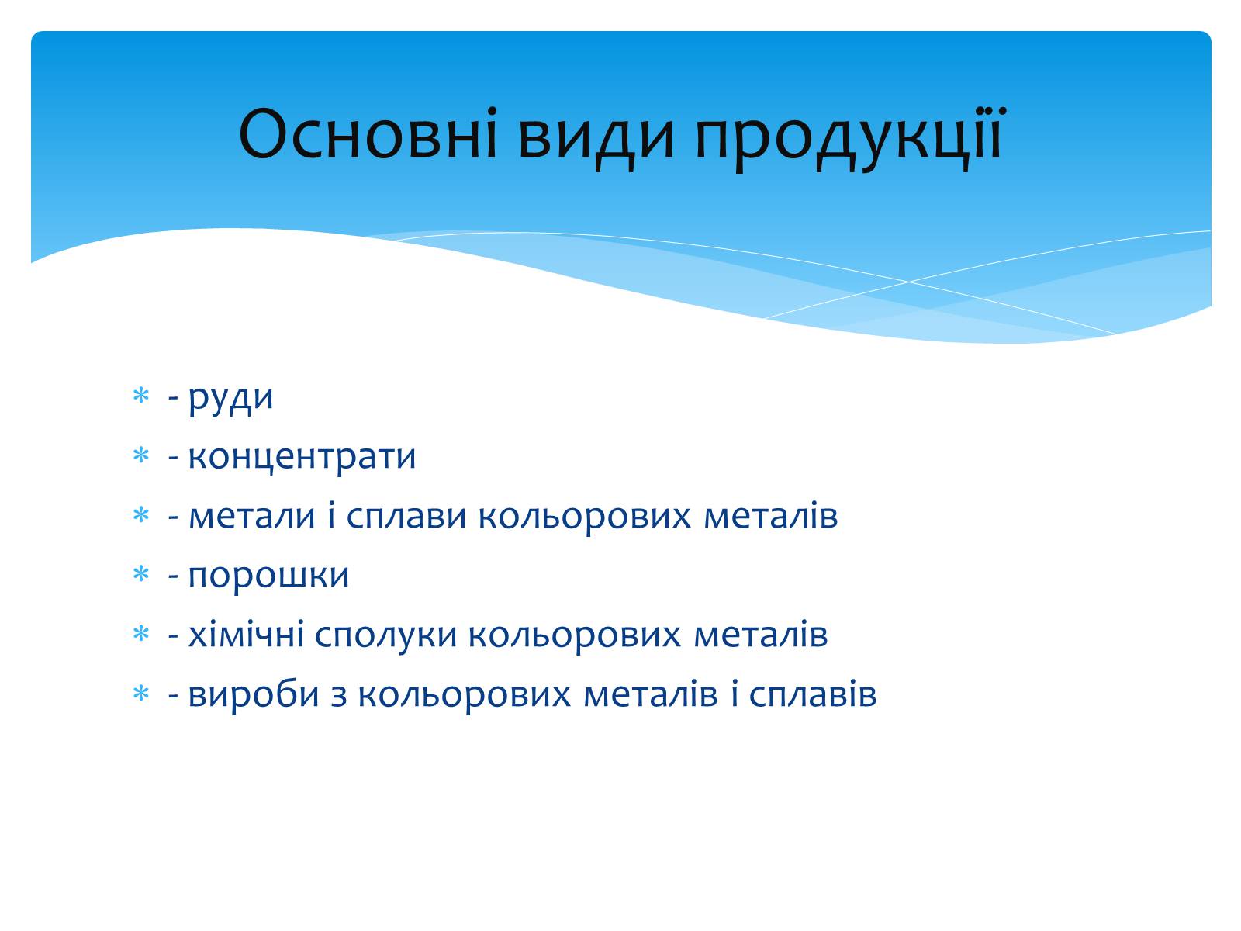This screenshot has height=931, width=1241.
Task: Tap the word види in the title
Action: [596, 139]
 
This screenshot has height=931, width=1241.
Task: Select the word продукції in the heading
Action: [848, 139]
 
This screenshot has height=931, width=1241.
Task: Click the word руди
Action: [230, 399]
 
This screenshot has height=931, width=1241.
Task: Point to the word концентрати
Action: [302, 457]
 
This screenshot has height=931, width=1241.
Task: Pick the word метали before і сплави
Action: [251, 516]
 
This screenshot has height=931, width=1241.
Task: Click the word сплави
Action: [406, 516]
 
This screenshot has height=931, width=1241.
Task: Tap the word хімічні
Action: [247, 634]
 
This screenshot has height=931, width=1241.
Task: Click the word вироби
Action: [254, 694]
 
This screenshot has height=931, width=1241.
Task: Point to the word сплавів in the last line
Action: [813, 694]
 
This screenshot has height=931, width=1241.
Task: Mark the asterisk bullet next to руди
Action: [141, 396]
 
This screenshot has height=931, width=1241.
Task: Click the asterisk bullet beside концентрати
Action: [141, 455]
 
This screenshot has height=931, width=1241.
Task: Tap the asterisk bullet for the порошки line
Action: [141, 574]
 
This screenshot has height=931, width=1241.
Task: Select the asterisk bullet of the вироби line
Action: [141, 694]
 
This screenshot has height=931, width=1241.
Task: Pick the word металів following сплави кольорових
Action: [771, 516]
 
